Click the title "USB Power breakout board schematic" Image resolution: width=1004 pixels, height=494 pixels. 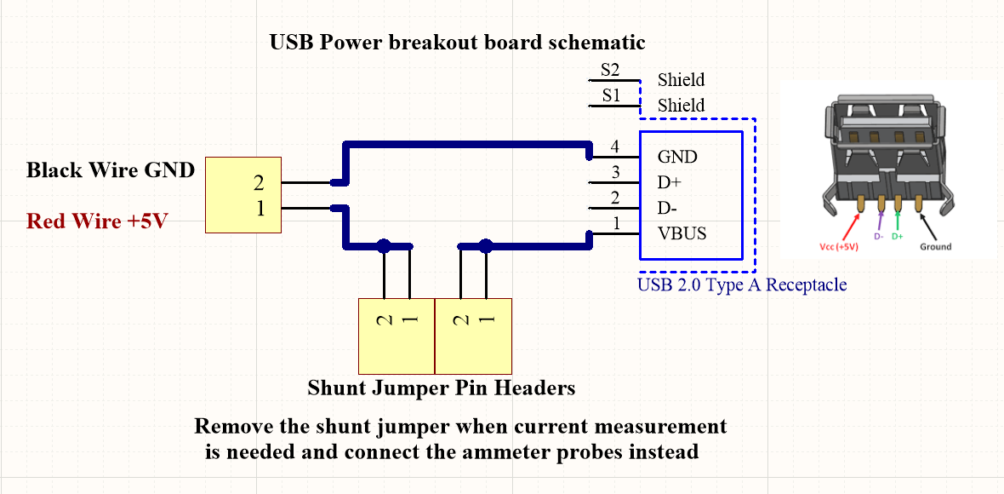(x=457, y=42)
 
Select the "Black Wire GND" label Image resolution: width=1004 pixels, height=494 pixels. (x=111, y=170)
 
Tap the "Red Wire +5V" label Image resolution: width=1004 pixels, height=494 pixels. (x=97, y=221)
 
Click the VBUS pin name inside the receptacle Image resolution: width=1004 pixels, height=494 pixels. (x=682, y=233)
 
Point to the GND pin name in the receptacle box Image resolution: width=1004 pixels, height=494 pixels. (x=677, y=157)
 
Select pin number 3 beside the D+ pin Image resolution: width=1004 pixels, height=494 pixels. (x=615, y=173)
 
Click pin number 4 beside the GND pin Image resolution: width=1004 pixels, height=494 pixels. (x=615, y=147)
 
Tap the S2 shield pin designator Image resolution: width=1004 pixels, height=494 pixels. (x=610, y=70)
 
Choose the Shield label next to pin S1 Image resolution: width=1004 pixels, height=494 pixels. (x=681, y=106)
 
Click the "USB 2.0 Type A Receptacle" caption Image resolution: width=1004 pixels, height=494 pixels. (x=742, y=284)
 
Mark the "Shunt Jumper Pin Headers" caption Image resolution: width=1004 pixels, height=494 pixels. (x=441, y=388)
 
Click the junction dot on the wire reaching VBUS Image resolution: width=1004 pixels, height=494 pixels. (x=486, y=246)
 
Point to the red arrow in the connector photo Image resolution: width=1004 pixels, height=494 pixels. (x=851, y=226)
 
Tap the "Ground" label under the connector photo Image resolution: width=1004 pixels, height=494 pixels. (x=935, y=247)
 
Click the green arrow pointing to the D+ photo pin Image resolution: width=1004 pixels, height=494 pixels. (x=898, y=220)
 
